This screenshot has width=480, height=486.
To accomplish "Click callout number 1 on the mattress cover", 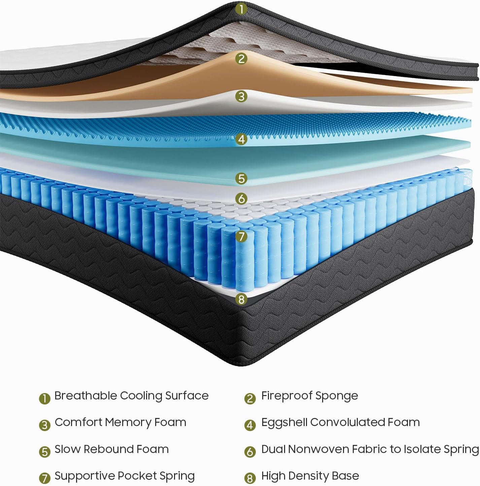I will click(x=241, y=9).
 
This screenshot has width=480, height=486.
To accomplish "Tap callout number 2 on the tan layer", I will click(x=241, y=59).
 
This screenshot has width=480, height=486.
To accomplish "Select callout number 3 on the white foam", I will click(x=241, y=97).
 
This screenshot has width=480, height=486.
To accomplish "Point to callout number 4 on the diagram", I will click(x=241, y=139).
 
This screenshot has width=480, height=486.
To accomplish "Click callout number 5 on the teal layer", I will click(x=241, y=178).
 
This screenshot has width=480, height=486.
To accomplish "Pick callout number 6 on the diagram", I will click(x=241, y=199).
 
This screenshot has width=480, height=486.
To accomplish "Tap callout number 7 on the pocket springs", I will click(x=241, y=236).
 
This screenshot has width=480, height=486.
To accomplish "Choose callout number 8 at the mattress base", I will click(x=241, y=299).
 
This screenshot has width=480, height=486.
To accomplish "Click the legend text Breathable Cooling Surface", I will click(x=131, y=396).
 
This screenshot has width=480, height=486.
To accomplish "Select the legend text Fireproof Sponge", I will click(x=309, y=396).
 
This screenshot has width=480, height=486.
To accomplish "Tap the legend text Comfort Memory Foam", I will click(x=120, y=422).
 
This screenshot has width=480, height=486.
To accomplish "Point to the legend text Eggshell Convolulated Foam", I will click(x=340, y=422).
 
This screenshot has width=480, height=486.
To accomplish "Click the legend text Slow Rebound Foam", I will click(x=111, y=449).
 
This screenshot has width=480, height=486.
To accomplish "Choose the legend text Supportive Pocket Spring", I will click(x=125, y=476).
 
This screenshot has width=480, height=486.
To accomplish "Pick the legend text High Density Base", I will click(x=310, y=476).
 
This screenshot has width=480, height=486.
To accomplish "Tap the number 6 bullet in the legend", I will click(x=249, y=452).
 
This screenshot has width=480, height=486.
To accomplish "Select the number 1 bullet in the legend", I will click(x=44, y=398).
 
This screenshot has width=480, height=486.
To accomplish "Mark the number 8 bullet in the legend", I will click(x=249, y=478).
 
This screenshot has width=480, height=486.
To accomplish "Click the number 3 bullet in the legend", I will click(x=44, y=425).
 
